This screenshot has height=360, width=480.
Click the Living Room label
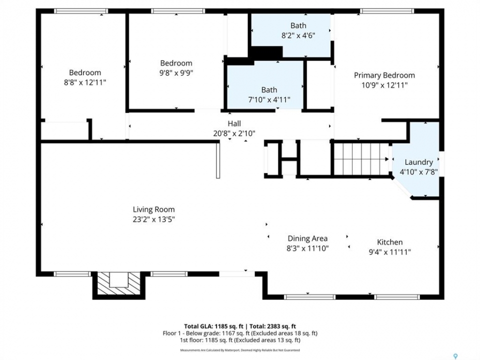(x=153, y=209)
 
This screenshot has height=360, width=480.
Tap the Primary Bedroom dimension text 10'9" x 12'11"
(x=384, y=85)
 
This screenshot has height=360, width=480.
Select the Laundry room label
(x=419, y=162)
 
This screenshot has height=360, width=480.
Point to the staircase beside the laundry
(x=360, y=159)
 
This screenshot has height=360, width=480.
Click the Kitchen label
(x=389, y=242)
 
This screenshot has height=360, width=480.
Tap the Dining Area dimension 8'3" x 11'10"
(x=307, y=248)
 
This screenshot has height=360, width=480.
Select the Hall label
(x=234, y=123)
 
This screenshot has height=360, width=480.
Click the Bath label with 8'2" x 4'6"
(x=298, y=25)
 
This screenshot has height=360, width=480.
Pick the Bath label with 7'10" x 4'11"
(x=269, y=89)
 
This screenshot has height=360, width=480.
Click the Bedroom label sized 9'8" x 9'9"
(x=176, y=63)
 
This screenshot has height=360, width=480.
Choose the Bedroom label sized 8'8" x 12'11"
(x=85, y=72)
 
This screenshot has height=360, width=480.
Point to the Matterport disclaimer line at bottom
(x=240, y=350)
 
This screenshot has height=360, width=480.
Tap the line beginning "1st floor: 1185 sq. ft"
(x=240, y=340)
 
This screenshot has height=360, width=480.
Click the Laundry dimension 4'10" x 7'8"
(x=419, y=172)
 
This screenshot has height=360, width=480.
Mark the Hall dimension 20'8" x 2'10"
(x=234, y=133)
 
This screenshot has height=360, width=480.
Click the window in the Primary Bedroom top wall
(x=387, y=11)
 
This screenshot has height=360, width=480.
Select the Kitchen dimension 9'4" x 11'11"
(x=389, y=252)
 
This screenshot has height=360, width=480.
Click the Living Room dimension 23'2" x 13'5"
(x=153, y=219)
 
